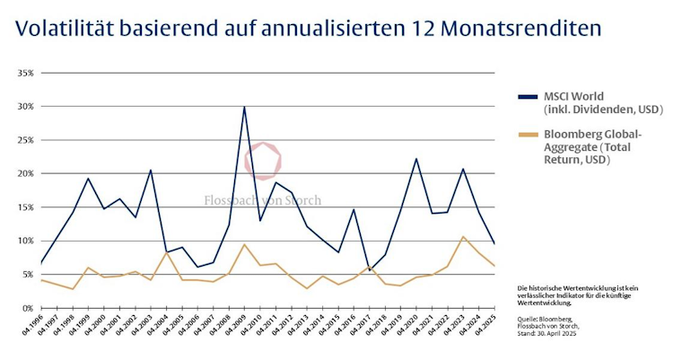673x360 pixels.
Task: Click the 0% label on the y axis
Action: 27,308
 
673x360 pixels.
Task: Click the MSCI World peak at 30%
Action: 244,107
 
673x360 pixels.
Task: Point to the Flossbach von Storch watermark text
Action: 260,200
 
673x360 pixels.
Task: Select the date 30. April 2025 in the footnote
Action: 571,335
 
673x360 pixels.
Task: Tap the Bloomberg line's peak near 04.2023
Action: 463,237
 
